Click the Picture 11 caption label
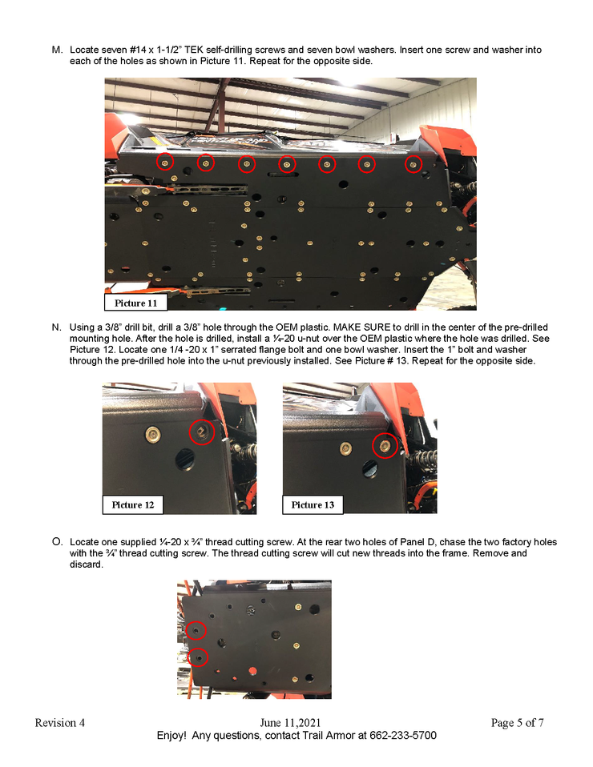coord(135,303)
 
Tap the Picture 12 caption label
coord(133,505)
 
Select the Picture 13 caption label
coord(313,505)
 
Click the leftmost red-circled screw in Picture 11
coord(165,162)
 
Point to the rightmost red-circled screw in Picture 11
coord(413,164)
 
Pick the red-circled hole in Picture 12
coord(202,432)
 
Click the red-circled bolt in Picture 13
coord(385,446)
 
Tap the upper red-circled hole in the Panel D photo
coord(196,631)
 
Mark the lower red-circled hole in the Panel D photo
coord(198,657)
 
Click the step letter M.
coord(57,50)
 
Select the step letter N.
coord(56,327)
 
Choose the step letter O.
coord(57,542)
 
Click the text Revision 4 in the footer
coord(60,722)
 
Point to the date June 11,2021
coord(290,722)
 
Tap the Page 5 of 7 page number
coord(517,722)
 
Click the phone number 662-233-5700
coord(403,735)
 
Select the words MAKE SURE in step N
coord(362,327)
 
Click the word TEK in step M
coord(194,50)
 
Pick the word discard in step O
coord(85,564)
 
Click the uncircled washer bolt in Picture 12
coord(153,433)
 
